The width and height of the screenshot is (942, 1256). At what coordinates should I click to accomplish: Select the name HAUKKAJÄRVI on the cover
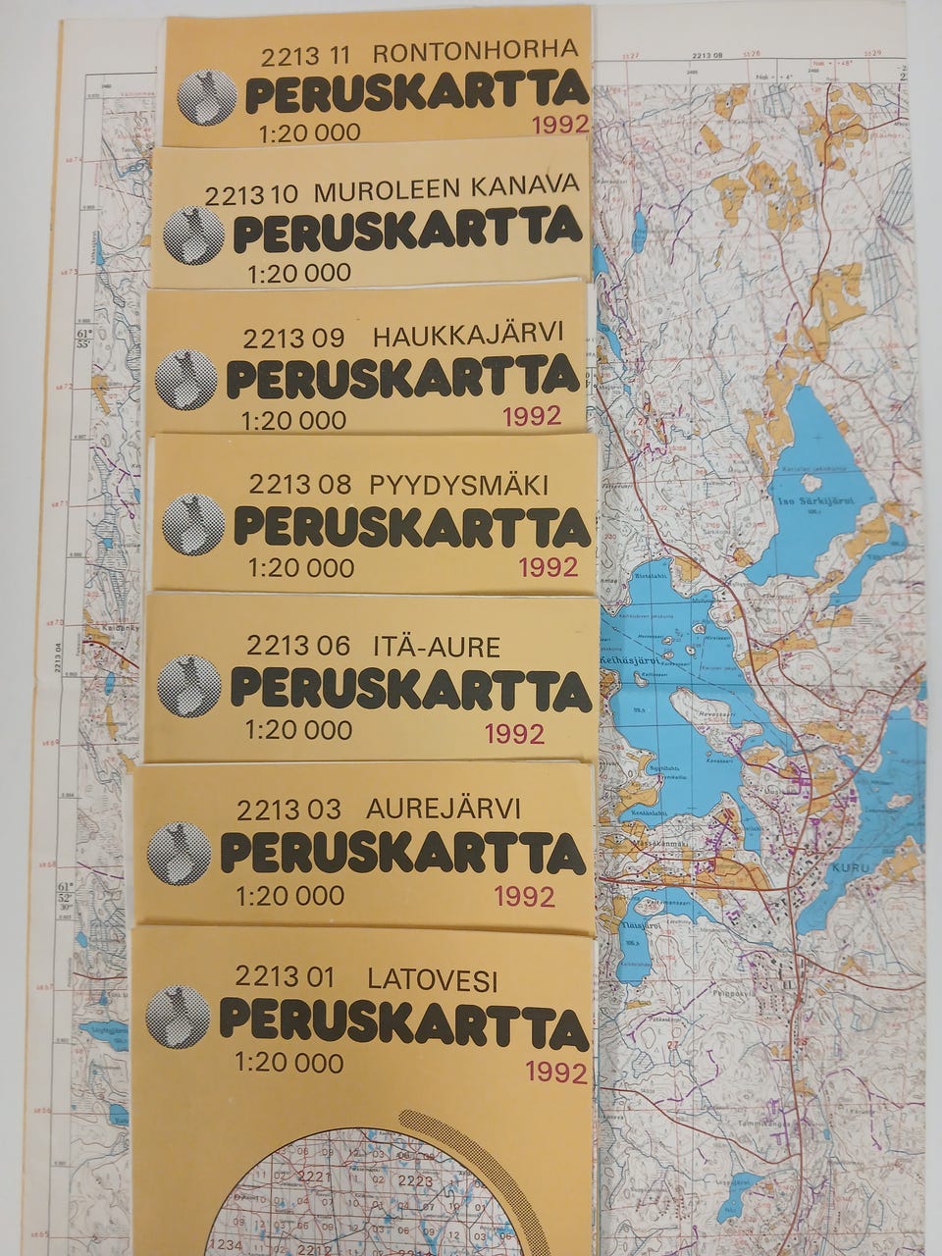[469, 337]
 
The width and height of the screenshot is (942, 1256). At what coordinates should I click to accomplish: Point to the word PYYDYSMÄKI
[458, 484]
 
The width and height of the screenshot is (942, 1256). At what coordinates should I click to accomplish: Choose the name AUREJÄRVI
[444, 810]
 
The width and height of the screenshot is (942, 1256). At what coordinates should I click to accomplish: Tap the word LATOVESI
[433, 978]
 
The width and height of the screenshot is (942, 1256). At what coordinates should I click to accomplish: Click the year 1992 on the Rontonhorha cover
[559, 124]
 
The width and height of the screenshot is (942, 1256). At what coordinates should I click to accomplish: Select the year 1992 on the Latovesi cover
[556, 1072]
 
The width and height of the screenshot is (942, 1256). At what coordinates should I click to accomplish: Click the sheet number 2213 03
[288, 811]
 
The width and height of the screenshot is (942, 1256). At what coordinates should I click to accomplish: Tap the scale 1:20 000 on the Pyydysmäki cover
[301, 567]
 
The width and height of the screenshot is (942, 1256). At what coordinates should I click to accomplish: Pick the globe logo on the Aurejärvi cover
[180, 853]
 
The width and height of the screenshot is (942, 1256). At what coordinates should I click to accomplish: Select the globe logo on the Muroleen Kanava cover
[193, 235]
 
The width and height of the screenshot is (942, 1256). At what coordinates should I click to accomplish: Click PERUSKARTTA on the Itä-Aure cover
[410, 688]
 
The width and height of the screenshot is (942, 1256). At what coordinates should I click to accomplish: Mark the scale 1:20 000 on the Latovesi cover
[288, 1063]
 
